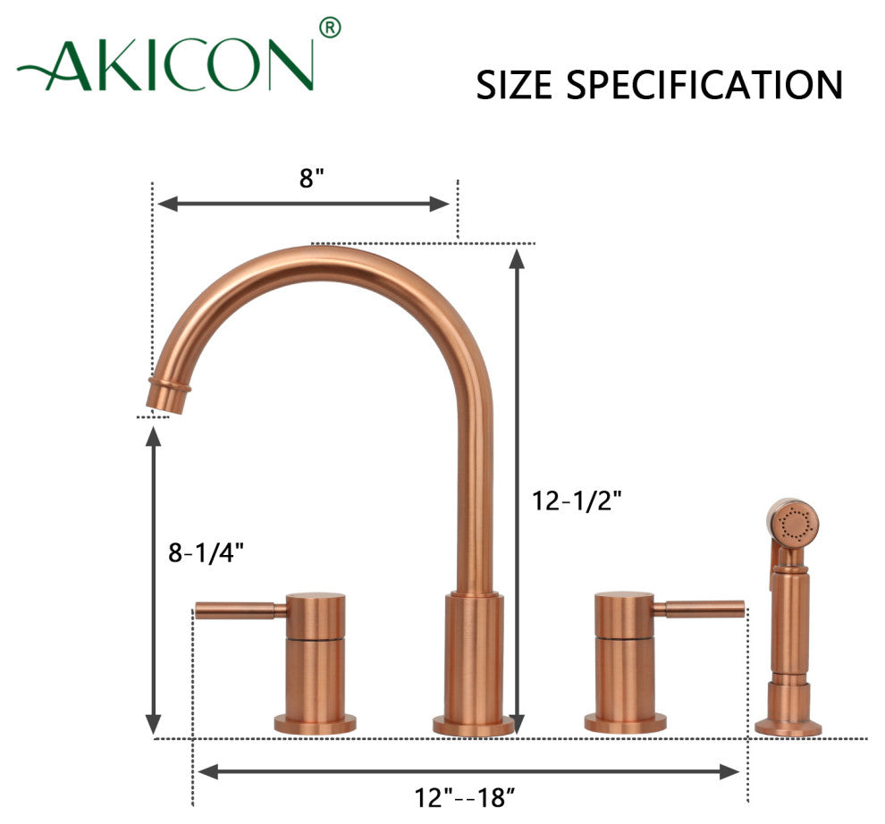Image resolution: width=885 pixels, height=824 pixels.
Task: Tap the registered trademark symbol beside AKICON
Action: (330, 28)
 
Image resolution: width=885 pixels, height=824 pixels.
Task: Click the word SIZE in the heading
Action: (514, 85)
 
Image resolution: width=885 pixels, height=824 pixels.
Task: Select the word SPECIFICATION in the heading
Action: (704, 85)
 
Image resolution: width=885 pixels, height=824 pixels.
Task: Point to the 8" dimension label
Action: (312, 178)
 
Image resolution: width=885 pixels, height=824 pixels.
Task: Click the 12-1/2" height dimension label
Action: (577, 500)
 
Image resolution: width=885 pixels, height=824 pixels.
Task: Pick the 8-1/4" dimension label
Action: (206, 552)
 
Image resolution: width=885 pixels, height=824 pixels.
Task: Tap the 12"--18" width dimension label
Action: (465, 797)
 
